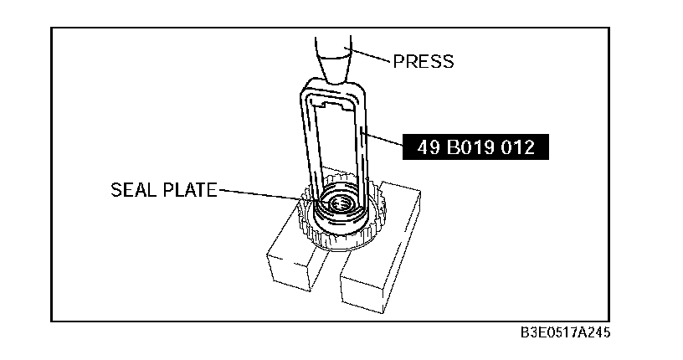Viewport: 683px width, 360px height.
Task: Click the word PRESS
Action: pos(423,61)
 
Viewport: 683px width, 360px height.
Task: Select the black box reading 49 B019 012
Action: pos(475,147)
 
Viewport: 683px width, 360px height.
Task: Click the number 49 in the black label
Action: pos(429,147)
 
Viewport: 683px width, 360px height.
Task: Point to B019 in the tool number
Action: pos(471,147)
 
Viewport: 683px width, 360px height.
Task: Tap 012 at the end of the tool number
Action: pos(517,147)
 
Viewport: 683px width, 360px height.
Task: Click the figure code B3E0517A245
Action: pos(565,332)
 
